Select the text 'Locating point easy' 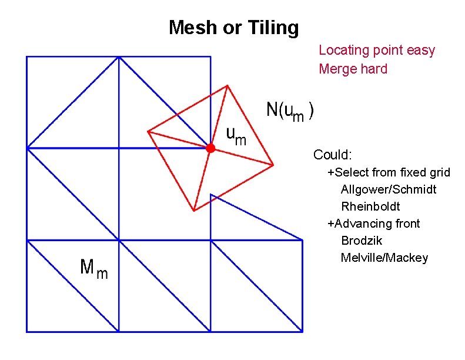pos(377,50)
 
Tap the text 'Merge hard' pos(353,69)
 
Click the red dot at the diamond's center pos(210,149)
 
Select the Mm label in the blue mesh pos(93,269)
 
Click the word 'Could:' pos(333,155)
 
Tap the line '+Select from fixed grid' pos(389,172)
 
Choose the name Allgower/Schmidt pos(389,189)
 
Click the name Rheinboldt pos(370,206)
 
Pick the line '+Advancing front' pos(374,224)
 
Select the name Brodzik pos(362,241)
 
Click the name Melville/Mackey pos(384,258)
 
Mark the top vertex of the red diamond pos(228,85)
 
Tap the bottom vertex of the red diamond pos(193,211)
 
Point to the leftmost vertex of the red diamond pos(148,131)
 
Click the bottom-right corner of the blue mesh pos(303,332)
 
